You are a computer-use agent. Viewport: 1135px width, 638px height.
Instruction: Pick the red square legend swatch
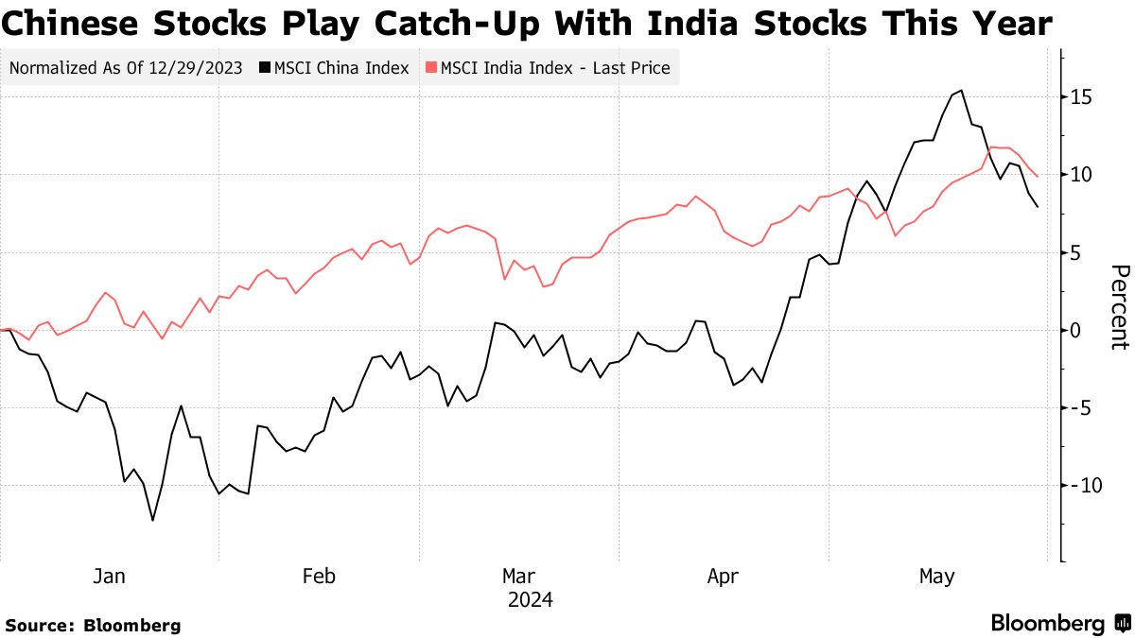(431, 68)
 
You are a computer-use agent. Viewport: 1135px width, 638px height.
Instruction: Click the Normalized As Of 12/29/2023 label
(125, 68)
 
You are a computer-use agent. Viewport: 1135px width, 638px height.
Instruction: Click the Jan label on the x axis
(110, 577)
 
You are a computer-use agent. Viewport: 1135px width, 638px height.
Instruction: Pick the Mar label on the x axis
(518, 577)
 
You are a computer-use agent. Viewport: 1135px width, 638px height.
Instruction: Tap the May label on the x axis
(937, 577)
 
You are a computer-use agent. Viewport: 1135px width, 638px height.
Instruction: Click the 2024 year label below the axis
(530, 600)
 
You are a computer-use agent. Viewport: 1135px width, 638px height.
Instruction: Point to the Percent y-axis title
(1119, 307)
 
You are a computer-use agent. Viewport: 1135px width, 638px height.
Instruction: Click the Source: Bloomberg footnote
(93, 625)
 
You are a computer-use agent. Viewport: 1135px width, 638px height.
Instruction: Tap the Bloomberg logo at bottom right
(1058, 623)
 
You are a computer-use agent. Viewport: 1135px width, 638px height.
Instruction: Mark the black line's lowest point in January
(152, 520)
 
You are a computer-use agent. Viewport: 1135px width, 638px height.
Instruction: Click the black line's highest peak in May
(961, 91)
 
